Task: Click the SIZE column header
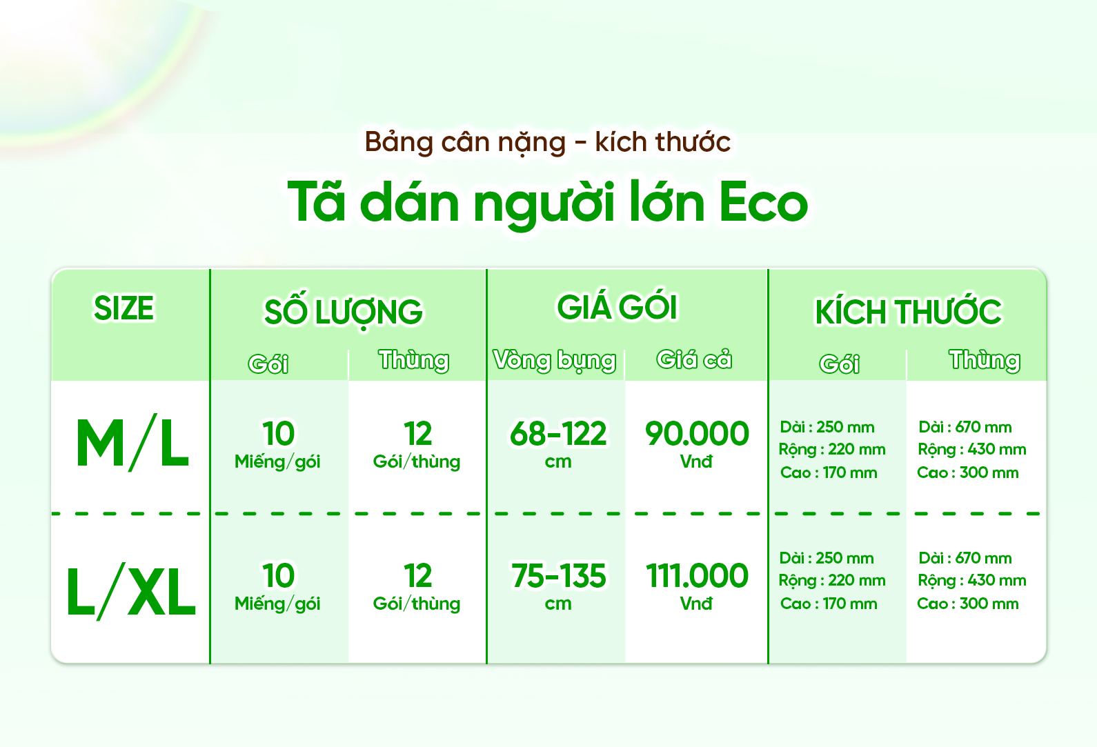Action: pyautogui.click(x=124, y=308)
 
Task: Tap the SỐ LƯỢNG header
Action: pyautogui.click(x=344, y=311)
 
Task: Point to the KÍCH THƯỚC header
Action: pyautogui.click(x=909, y=310)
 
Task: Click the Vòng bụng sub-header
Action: pyautogui.click(x=555, y=361)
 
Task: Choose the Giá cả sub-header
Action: pyautogui.click(x=694, y=359)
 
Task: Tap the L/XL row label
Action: pyautogui.click(x=131, y=592)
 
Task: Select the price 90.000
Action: pyautogui.click(x=697, y=434)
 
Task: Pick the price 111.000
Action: pyautogui.click(x=697, y=576)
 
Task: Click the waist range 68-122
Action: pyautogui.click(x=558, y=434)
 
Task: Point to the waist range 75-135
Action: pyautogui.click(x=558, y=576)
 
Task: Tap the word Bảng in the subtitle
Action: pyautogui.click(x=399, y=143)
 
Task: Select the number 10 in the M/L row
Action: pyautogui.click(x=278, y=434)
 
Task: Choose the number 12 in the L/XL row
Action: pyautogui.click(x=417, y=576)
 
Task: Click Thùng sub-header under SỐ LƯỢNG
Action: pyautogui.click(x=414, y=360)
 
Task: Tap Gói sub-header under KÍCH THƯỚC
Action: pyautogui.click(x=840, y=363)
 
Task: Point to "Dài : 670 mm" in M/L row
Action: pyautogui.click(x=965, y=427)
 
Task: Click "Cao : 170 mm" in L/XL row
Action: pyautogui.click(x=829, y=604)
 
